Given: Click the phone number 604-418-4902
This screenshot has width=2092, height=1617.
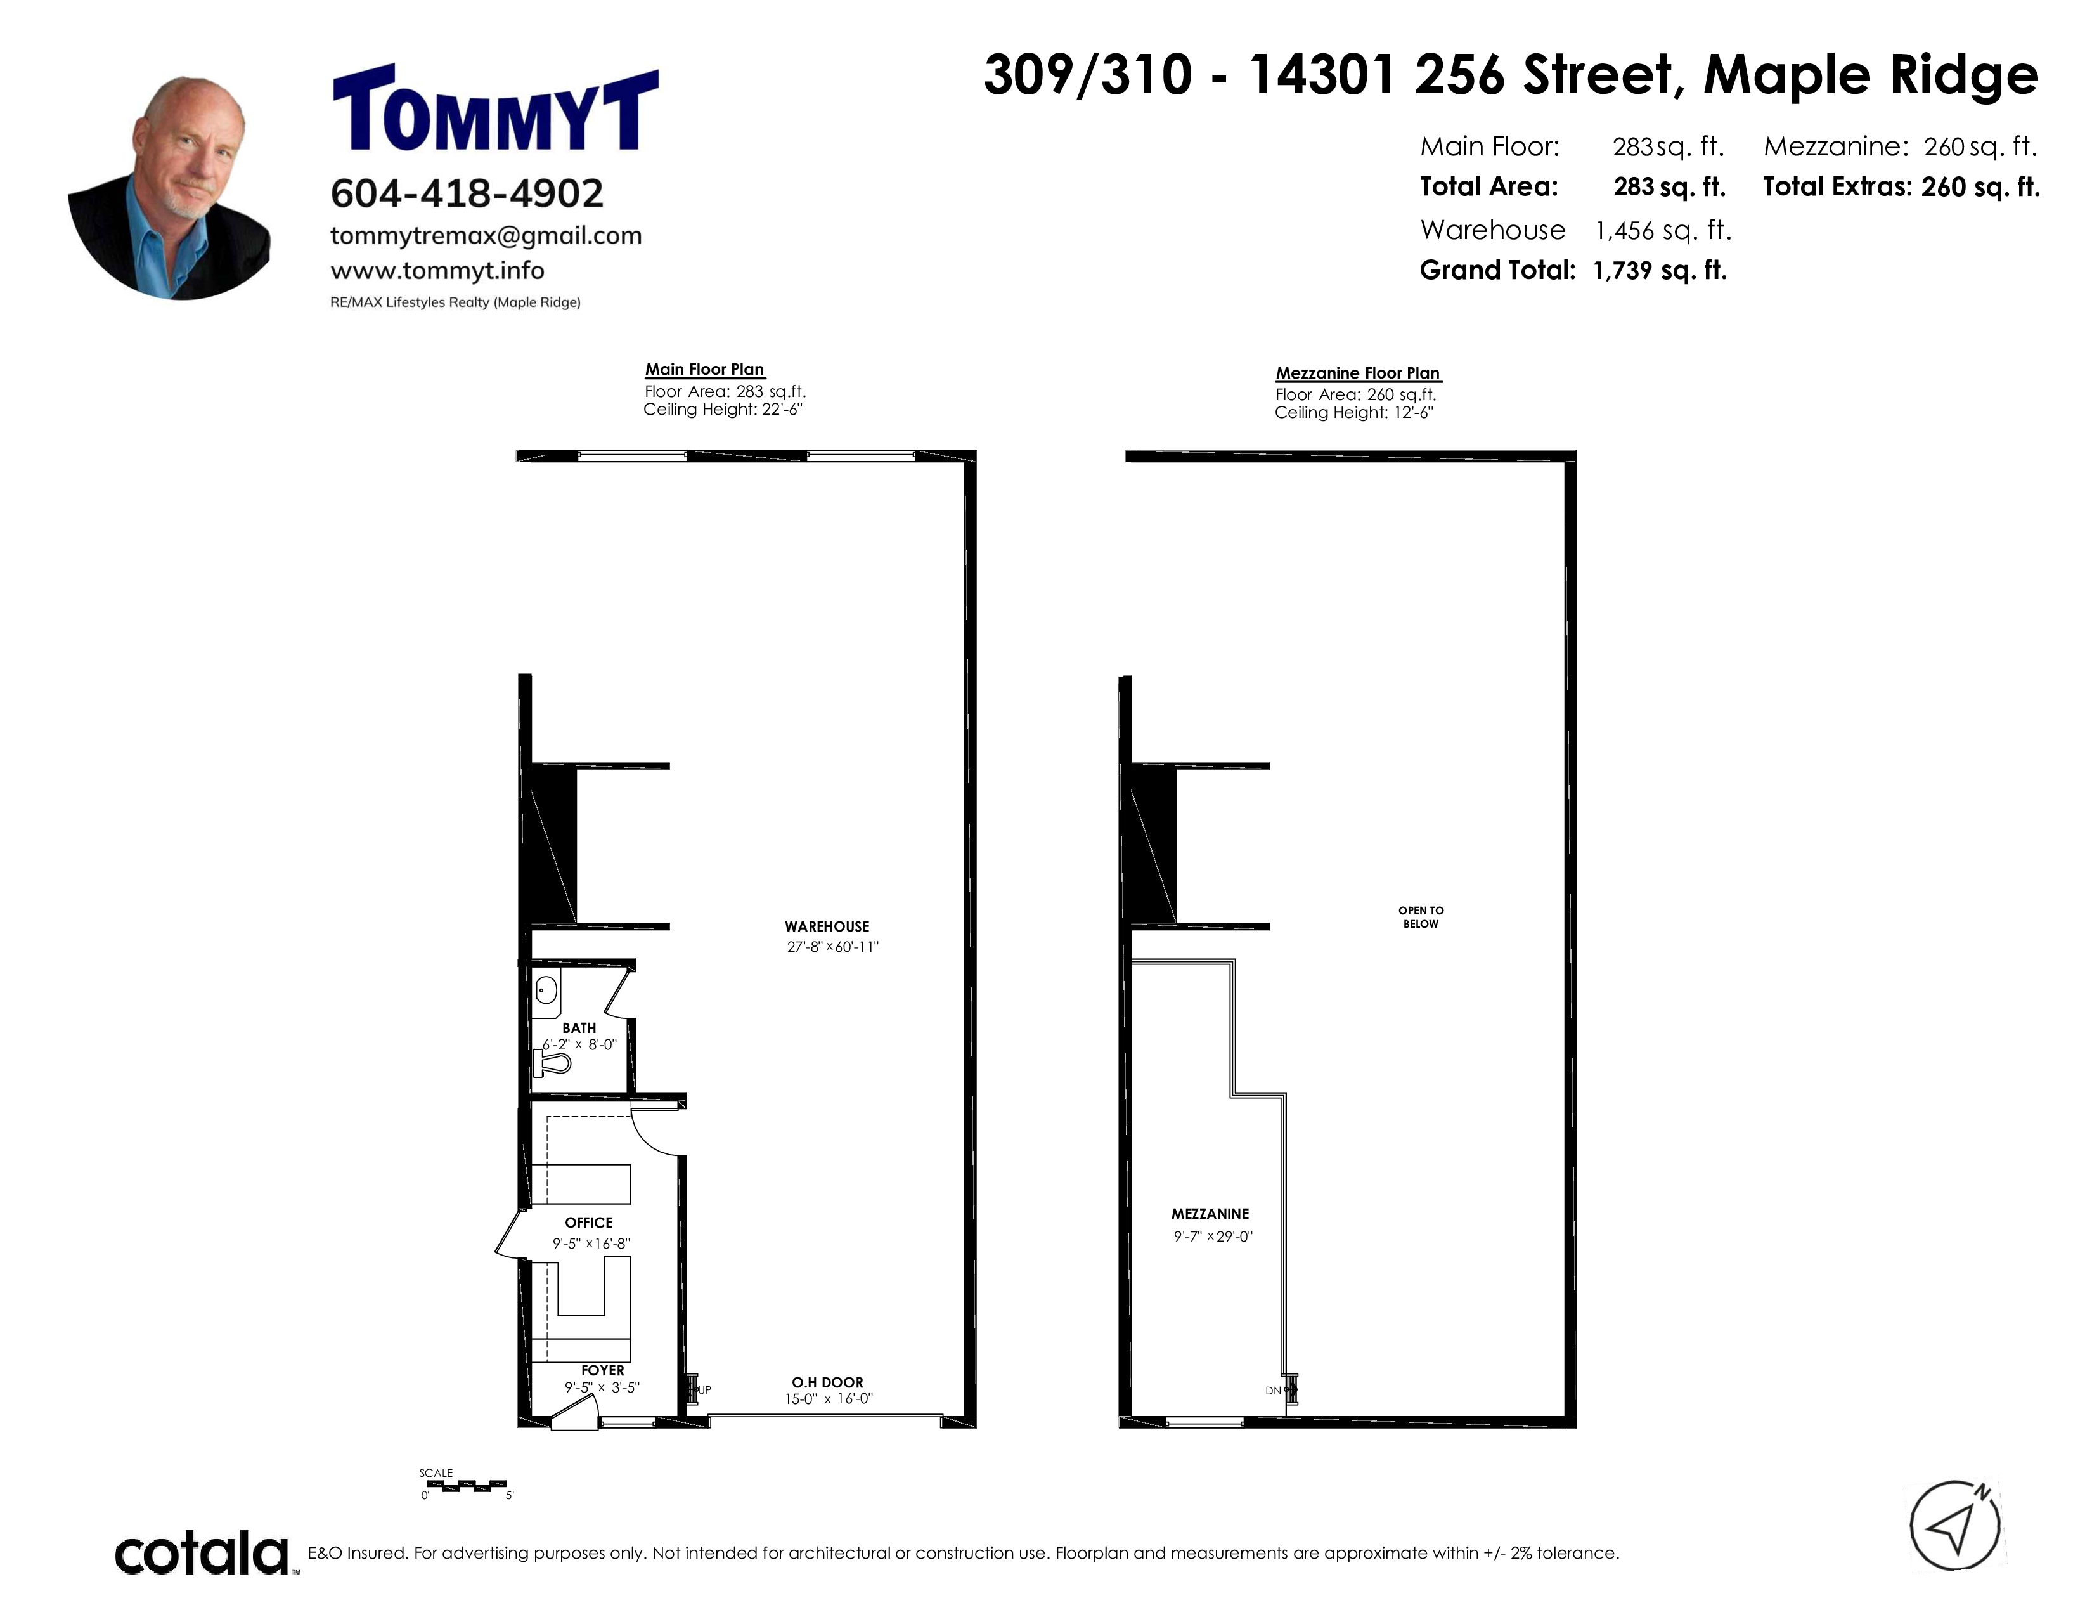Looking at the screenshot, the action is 467,193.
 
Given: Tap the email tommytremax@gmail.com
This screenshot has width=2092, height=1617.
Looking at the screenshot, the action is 486,236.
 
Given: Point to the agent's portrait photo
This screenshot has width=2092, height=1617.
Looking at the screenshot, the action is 169,188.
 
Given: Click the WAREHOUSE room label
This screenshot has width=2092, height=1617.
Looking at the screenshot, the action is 827,926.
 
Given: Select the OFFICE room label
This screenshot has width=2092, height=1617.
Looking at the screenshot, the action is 588,1223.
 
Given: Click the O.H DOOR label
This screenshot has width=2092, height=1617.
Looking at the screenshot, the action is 827,1382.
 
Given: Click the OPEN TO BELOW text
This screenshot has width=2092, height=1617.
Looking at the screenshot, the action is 1421,917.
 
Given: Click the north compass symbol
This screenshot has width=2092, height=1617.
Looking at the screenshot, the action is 1955,1526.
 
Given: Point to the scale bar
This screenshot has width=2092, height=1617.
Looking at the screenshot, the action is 467,1486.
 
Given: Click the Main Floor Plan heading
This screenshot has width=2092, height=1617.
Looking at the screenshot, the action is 704,370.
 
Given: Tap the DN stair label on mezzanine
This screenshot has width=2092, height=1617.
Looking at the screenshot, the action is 1273,1390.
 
